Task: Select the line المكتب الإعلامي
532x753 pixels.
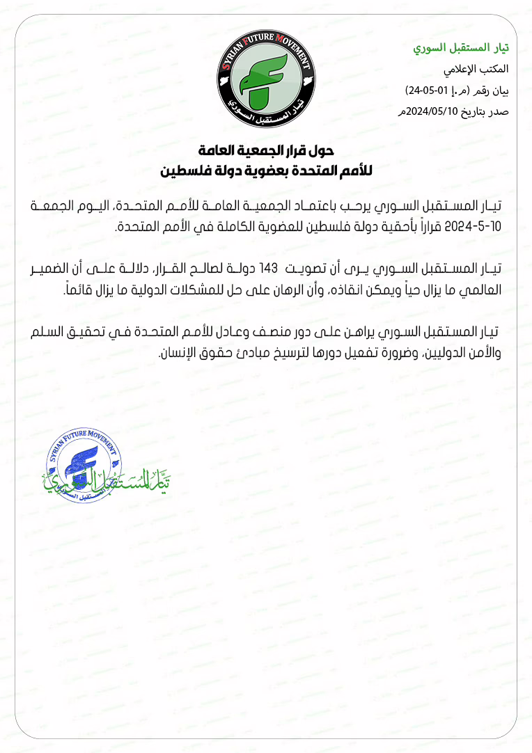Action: [x=476, y=70]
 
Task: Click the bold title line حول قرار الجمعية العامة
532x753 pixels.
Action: [x=266, y=150]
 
